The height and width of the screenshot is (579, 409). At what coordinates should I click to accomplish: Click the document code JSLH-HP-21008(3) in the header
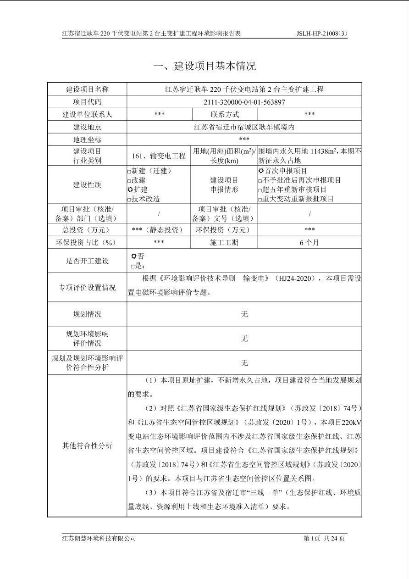point(322,33)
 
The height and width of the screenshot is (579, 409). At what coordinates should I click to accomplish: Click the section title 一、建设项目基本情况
point(204,66)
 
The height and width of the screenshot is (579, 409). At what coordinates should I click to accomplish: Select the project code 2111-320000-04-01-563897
point(244,102)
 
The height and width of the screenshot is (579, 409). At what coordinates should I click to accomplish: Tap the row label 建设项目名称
point(87,89)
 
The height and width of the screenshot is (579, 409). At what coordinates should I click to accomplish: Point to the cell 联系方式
point(224,114)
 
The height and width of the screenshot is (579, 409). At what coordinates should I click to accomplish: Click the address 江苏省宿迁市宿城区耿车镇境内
point(244,127)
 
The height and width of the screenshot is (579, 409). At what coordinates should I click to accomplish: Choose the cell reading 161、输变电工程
point(159,156)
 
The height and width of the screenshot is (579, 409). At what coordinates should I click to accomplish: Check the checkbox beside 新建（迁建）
point(129,171)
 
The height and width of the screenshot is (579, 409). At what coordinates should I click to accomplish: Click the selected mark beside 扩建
point(130,189)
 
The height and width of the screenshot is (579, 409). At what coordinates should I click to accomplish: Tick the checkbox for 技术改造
point(129,199)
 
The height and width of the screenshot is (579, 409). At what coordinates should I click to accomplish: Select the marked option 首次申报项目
point(261,171)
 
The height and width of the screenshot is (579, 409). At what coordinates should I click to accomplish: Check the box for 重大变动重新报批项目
point(260,199)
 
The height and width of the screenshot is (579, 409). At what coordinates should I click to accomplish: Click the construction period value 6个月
point(310,242)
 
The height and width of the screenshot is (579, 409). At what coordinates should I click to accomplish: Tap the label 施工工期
point(224,242)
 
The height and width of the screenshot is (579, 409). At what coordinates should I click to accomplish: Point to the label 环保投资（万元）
point(224,230)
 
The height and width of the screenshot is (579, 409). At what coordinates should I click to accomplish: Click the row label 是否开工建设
point(87,261)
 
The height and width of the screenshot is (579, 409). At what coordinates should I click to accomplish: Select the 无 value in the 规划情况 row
point(244,314)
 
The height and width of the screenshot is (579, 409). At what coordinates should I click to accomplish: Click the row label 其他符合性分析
point(87,445)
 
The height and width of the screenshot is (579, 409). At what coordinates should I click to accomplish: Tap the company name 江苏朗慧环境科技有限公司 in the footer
point(99,538)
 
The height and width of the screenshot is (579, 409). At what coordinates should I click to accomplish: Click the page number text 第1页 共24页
point(324,538)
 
